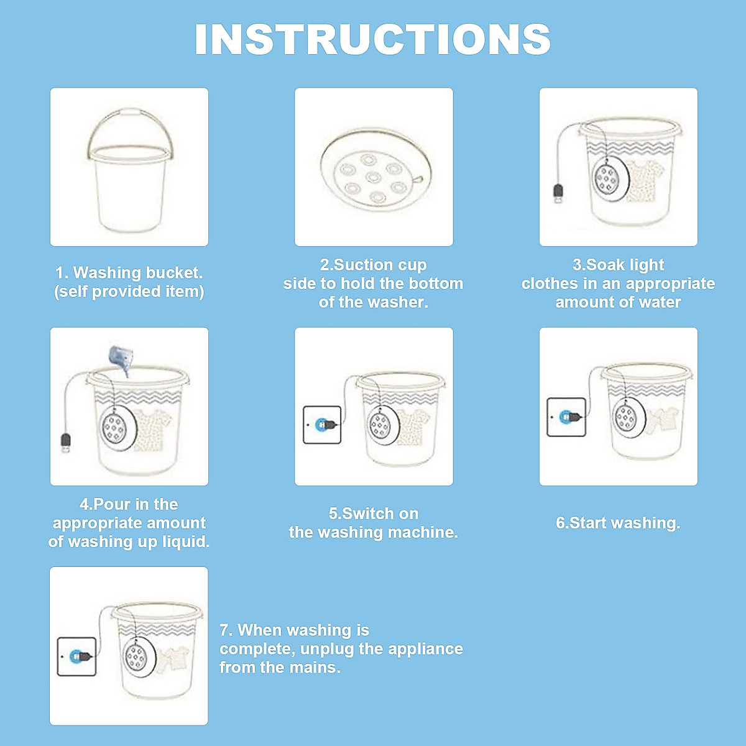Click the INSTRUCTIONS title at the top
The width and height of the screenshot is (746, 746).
[x=372, y=39]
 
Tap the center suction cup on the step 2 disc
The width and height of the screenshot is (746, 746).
[x=373, y=178]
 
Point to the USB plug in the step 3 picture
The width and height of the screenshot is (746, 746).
[x=559, y=193]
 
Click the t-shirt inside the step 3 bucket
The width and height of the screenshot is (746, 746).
[x=640, y=180]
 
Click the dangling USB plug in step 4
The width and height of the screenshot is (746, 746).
[x=65, y=443]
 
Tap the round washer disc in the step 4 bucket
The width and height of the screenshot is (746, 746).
[x=116, y=428]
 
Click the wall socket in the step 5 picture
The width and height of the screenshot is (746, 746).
[x=322, y=425]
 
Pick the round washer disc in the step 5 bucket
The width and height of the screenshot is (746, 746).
[x=380, y=425]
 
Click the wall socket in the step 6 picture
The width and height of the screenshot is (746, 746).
[x=566, y=417]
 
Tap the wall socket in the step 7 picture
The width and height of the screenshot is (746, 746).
[x=76, y=656]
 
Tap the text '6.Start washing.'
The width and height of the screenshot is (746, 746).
[x=618, y=523]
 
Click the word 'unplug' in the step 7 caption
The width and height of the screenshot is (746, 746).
[x=328, y=649]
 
